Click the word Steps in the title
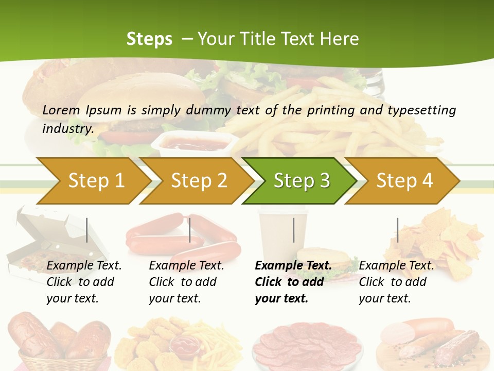149,39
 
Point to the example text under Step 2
186,282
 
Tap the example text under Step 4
396,282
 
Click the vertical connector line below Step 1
87,230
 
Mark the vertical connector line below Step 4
398,230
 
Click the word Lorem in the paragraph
61,110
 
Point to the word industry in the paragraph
67,128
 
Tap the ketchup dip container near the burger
196,143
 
